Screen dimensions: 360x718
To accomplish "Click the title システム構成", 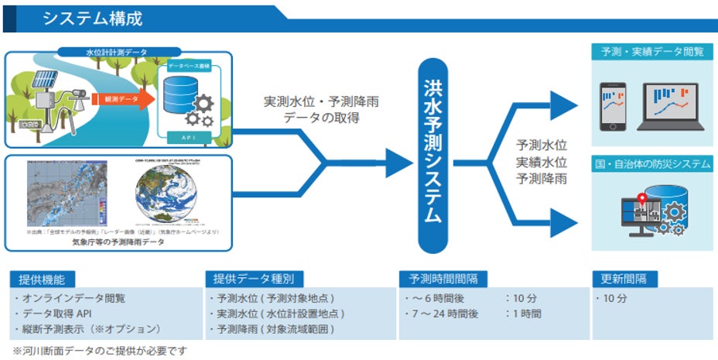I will tap(92, 18).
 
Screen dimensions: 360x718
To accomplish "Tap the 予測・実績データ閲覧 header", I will tap(652, 52).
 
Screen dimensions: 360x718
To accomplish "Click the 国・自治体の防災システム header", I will tap(652, 164).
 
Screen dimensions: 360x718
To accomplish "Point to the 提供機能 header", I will tap(39, 279).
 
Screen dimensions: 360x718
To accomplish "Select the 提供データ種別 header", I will tap(255, 279).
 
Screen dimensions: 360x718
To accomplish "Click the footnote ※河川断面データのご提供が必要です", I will tap(100, 351).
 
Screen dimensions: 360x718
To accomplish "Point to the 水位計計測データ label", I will tap(118, 53).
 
